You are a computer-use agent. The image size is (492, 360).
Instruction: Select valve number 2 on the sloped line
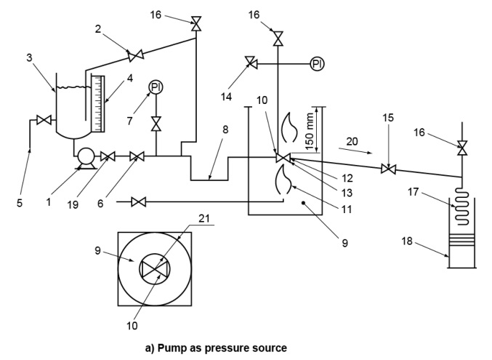pos(134,55)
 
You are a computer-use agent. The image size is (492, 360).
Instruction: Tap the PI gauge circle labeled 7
pos(155,88)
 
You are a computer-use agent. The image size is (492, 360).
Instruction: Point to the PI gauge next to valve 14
pos(317,64)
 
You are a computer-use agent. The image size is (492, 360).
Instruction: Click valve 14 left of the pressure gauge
pos(250,64)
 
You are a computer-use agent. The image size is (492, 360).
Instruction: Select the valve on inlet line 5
pos(43,119)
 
